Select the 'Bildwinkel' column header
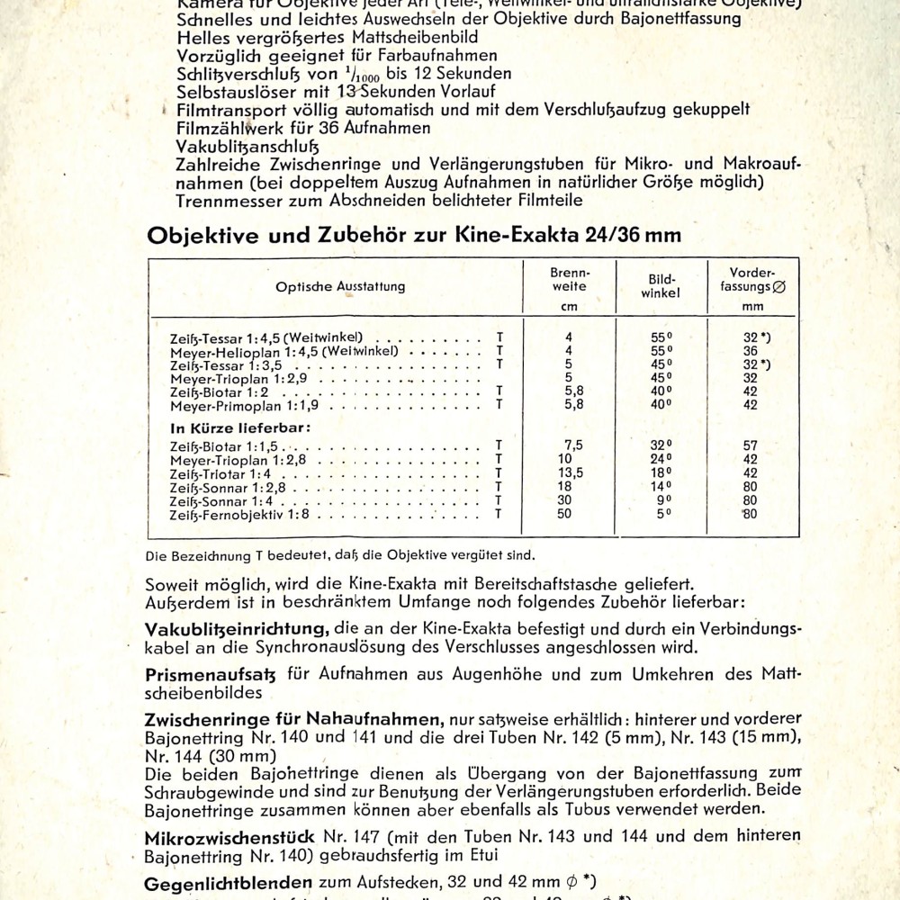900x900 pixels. pos(662,286)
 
